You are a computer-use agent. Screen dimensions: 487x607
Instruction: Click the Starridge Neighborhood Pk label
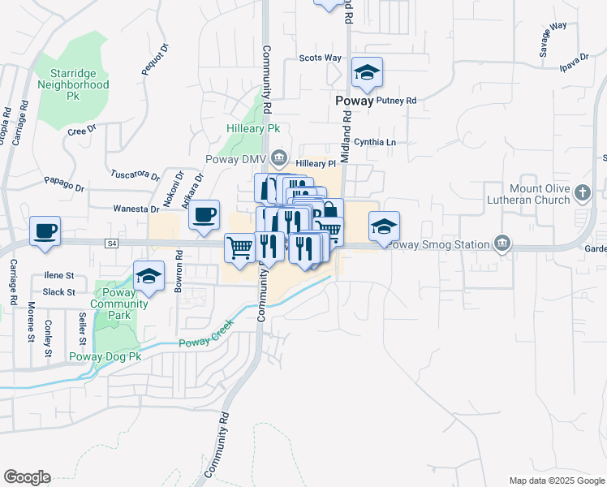point(74,84)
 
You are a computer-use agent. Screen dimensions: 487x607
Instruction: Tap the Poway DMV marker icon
point(279,157)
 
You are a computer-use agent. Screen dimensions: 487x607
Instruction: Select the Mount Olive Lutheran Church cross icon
point(581,193)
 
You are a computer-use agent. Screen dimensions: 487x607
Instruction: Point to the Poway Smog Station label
point(439,245)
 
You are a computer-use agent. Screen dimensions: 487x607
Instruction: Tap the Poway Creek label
point(205,334)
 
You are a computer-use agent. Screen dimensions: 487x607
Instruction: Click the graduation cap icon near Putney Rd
point(367,74)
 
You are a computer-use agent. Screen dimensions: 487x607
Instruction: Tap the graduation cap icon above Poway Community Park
point(149,276)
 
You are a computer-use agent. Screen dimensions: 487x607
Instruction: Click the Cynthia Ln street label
point(374,142)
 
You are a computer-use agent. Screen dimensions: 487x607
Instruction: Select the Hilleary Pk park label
point(252,128)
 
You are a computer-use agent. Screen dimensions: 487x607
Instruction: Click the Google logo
point(27,477)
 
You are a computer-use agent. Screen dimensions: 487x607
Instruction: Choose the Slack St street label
point(58,292)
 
